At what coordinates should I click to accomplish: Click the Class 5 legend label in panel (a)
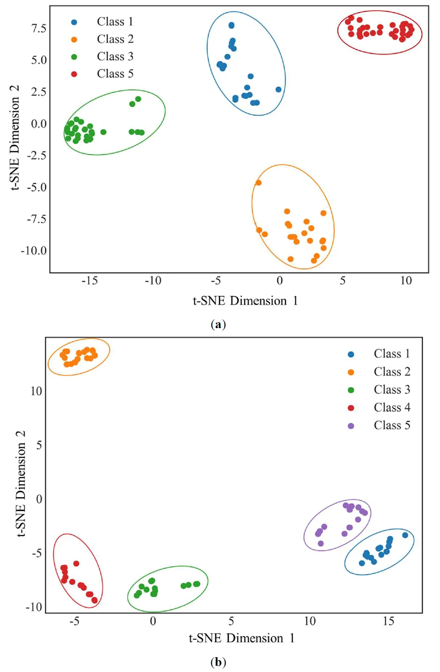115,74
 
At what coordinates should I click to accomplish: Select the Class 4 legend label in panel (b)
392,407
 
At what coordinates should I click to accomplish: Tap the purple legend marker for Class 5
351,426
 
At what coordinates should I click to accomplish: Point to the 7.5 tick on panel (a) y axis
39,28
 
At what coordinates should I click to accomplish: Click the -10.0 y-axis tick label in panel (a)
34,251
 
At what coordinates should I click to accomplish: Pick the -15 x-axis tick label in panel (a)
89,281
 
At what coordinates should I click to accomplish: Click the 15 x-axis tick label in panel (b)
388,621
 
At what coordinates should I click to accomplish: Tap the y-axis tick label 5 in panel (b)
39,445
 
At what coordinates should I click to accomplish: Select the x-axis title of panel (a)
245,301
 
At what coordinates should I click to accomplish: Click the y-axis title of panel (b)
21,484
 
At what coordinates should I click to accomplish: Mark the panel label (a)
218,324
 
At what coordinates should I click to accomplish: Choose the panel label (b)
218,662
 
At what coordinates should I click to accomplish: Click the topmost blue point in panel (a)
231,25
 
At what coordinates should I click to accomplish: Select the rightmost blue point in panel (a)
278,89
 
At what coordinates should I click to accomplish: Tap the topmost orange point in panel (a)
258,183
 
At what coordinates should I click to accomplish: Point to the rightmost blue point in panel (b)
405,535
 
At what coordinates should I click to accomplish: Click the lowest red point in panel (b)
94,600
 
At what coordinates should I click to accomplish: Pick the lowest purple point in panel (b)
321,543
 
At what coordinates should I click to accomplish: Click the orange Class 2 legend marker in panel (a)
74,39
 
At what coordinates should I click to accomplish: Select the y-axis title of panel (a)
15,138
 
